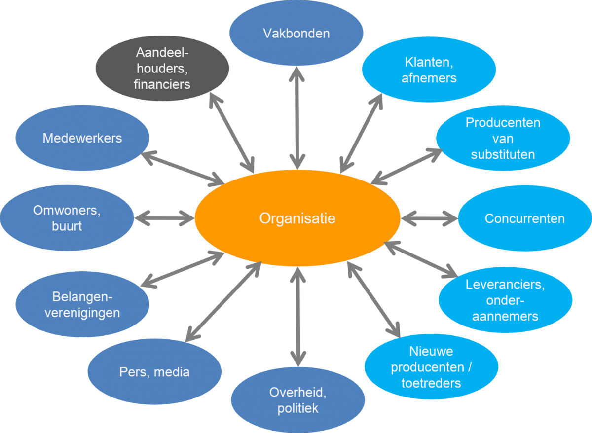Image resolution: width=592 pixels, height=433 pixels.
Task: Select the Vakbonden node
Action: click(296, 34)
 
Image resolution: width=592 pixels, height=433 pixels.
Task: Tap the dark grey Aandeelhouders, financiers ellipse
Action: click(162, 69)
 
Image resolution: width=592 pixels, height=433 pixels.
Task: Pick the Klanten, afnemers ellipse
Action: click(429, 70)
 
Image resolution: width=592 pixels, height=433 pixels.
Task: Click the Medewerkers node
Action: click(82, 138)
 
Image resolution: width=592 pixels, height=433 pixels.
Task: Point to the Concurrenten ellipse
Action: click(524, 218)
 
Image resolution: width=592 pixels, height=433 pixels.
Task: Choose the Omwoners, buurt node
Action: click(67, 218)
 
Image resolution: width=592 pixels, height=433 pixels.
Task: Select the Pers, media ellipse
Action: click(154, 372)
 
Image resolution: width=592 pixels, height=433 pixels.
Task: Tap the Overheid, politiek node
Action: click(297, 400)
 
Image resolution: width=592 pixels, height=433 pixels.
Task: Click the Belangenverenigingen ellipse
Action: click(82, 305)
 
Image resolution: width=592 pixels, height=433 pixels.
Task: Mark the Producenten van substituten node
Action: click(503, 138)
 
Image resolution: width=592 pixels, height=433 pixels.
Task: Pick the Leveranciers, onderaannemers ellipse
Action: click(505, 300)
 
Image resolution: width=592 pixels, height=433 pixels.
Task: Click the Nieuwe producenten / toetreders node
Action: click(431, 367)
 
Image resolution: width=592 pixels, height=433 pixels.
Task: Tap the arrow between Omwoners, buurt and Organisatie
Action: click(164, 217)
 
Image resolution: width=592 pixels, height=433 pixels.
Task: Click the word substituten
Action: click(503, 154)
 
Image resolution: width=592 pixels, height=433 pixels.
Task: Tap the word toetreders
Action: click(431, 383)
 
